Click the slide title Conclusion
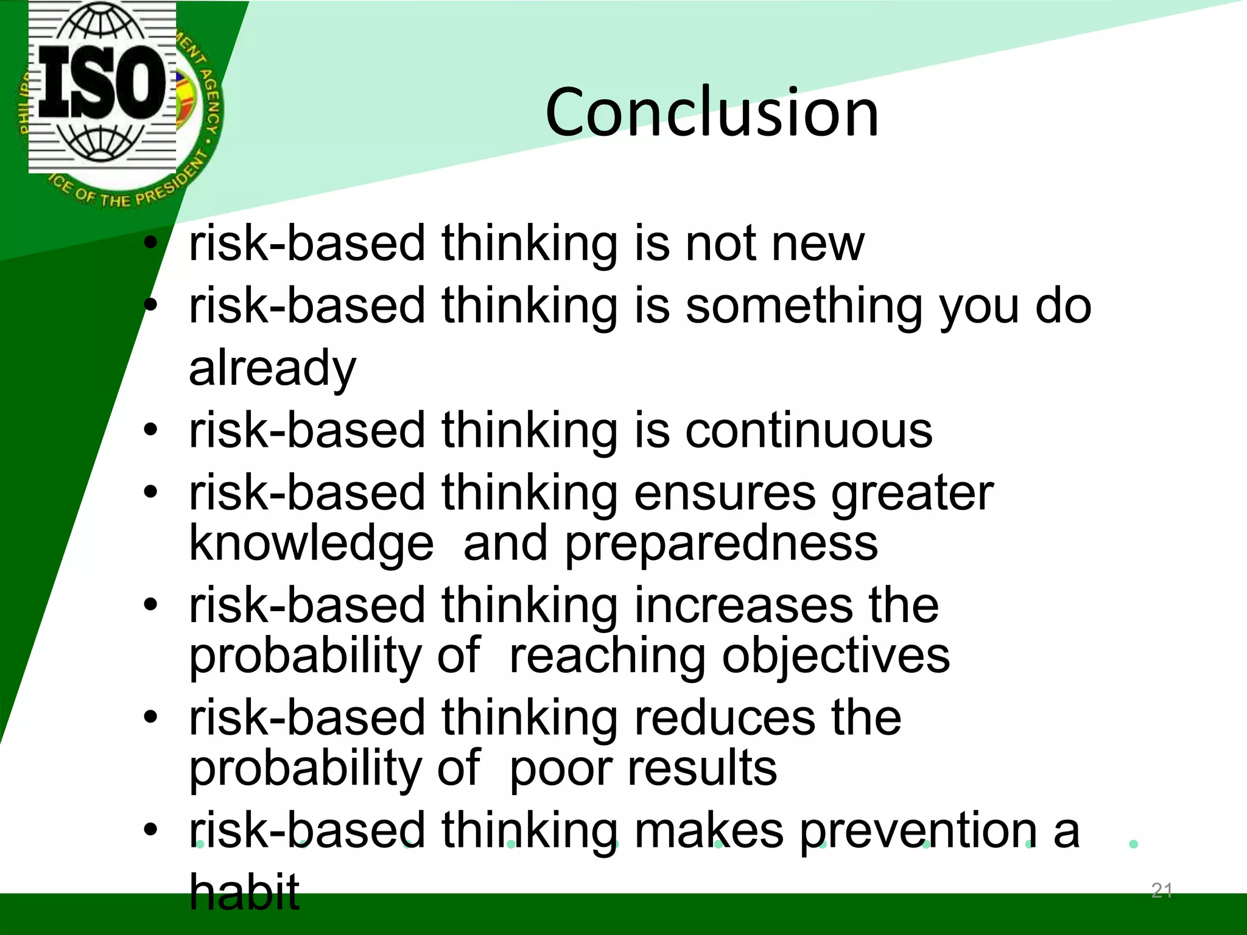tap(712, 113)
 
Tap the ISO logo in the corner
tap(102, 86)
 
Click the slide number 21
tap(1162, 891)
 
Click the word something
tap(804, 306)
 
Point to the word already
tap(272, 369)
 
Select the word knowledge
tap(311, 544)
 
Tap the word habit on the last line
tap(244, 892)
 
